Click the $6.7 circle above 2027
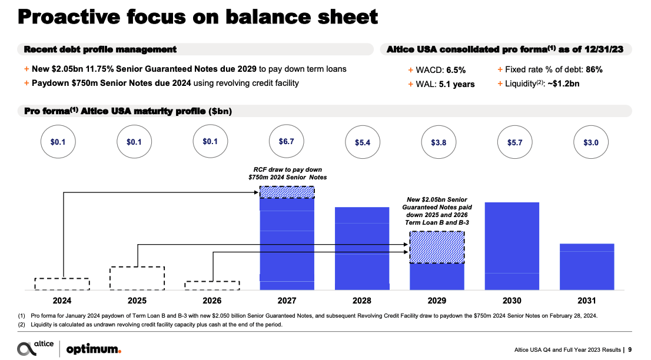click(287, 142)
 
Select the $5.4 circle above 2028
click(362, 142)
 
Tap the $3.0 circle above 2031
click(587, 142)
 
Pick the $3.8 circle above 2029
click(437, 142)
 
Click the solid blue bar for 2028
click(362, 248)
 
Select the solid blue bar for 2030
click(512, 246)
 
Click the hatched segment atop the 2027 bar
click(287, 192)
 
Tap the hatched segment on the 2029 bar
click(437, 247)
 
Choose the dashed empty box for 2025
click(137, 278)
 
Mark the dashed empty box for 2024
click(62, 284)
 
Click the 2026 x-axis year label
click(212, 301)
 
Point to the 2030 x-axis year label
click(512, 301)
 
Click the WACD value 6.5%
click(454, 69)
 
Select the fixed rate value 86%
click(594, 69)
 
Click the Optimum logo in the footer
click(94, 349)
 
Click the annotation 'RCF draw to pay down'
click(287, 169)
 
